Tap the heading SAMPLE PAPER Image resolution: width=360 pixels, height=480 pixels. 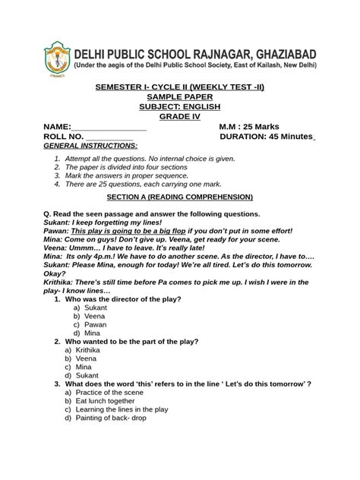point(179,97)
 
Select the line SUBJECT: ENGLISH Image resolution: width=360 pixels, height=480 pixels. point(179,107)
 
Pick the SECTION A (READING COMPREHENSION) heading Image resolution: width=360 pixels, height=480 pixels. point(179,196)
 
